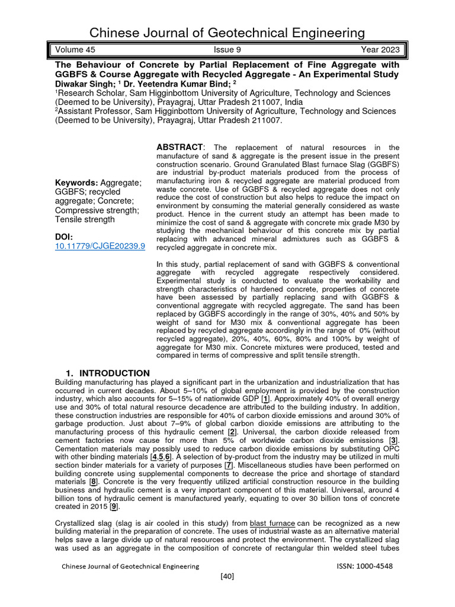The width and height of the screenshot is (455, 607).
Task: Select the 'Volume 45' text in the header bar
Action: click(73, 50)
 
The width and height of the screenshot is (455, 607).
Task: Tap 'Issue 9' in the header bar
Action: click(226, 50)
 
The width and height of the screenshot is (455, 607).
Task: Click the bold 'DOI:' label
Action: click(64, 237)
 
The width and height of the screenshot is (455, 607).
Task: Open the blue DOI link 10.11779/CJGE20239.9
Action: click(100, 246)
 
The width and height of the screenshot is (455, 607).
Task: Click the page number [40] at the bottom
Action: click(227, 577)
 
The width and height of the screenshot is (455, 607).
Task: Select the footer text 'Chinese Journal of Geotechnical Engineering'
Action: click(131, 566)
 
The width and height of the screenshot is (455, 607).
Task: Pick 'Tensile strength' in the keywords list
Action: click(85, 219)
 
